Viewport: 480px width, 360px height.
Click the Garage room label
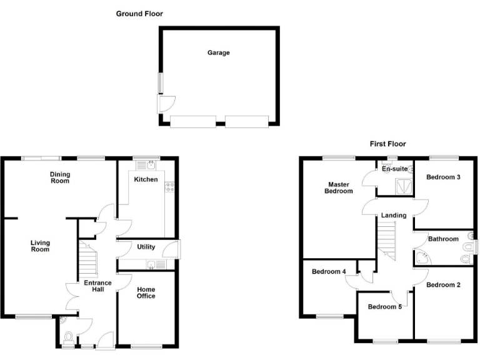[x=219, y=53]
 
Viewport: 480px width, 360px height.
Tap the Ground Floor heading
[x=139, y=13]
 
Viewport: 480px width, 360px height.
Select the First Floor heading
[x=387, y=144]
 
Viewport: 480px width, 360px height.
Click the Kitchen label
[x=146, y=179]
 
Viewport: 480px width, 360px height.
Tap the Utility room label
[x=146, y=247]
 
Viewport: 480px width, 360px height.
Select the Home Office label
[x=146, y=292]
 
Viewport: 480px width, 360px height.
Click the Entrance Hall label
[x=98, y=287]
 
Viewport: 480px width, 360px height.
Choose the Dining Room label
[x=59, y=177]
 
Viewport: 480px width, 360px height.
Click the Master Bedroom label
[x=338, y=187]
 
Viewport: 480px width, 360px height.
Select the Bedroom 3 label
[x=443, y=177]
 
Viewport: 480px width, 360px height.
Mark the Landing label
[x=394, y=216]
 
